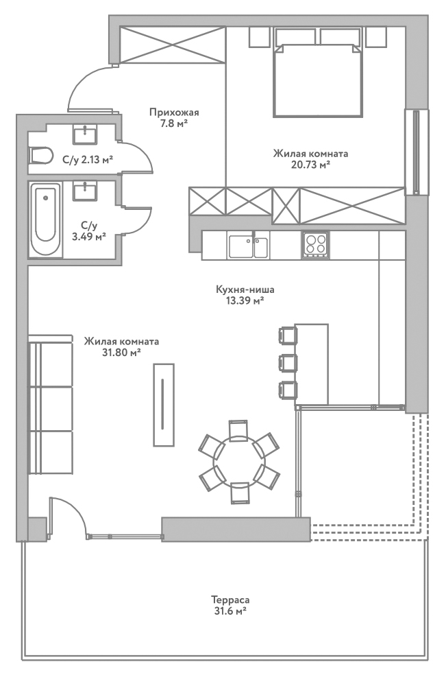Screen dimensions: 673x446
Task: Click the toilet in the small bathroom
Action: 41,156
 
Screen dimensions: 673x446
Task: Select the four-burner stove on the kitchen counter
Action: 315,245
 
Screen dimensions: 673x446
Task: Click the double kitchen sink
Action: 249,246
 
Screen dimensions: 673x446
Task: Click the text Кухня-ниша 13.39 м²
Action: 240,295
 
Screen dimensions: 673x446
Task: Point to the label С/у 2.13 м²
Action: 87,160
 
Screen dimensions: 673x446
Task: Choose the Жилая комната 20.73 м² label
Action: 310,158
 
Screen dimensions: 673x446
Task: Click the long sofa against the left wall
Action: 50,406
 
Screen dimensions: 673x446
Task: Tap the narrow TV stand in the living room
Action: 163,405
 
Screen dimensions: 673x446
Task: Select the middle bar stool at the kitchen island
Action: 288,362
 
